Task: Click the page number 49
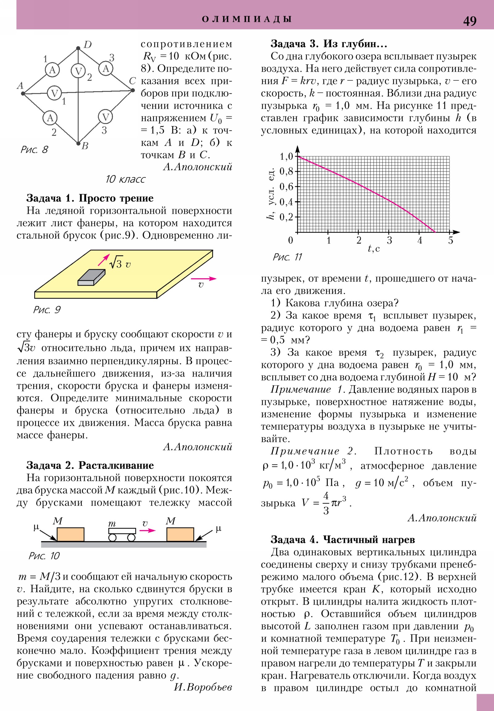(x=470, y=21)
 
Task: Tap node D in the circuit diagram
(x=78, y=48)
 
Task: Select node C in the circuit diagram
(x=133, y=90)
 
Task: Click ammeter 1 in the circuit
(x=52, y=70)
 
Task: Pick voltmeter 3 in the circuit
(x=106, y=117)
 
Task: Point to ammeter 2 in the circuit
(x=50, y=118)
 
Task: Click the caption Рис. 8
(x=34, y=150)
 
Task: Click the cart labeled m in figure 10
(x=122, y=534)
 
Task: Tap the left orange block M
(x=70, y=534)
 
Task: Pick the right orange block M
(x=180, y=534)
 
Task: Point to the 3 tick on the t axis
(x=389, y=240)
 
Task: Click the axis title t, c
(x=374, y=249)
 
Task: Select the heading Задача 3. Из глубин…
(x=329, y=44)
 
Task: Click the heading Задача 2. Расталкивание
(x=90, y=465)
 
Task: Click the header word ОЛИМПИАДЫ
(x=247, y=19)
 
